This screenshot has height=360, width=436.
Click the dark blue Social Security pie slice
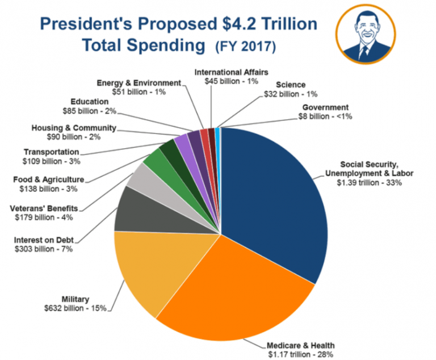(x=272, y=199)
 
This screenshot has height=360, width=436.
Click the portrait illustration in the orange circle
(x=363, y=35)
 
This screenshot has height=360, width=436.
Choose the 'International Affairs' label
(x=231, y=72)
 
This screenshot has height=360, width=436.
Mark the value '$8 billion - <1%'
(x=325, y=116)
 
